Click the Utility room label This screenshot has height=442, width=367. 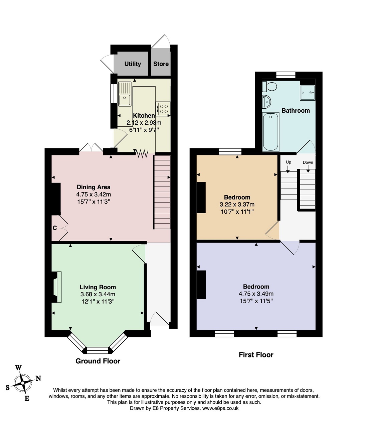tap(133, 64)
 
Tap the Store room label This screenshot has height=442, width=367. tap(161, 64)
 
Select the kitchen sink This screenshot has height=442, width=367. tap(125, 94)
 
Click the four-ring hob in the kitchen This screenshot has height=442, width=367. tap(163, 109)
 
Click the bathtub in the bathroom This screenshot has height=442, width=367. tap(270, 132)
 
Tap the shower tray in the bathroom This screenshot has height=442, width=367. tap(307, 93)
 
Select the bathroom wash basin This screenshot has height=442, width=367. tap(266, 102)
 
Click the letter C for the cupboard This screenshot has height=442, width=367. tap(55, 228)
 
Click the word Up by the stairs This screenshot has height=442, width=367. tap(289, 162)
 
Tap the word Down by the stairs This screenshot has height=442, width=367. tap(308, 162)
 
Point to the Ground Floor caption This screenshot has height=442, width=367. tap(98, 361)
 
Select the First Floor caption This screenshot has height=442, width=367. tap(256, 355)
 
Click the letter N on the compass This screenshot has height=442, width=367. tap(38, 378)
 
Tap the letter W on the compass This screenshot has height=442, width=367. tap(19, 368)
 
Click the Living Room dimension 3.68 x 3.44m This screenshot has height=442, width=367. tap(98, 294)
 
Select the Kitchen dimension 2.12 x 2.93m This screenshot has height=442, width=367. tap(144, 123)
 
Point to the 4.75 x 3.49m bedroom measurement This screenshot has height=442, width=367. tap(256, 294)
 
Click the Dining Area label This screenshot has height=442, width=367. tap(94, 187)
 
